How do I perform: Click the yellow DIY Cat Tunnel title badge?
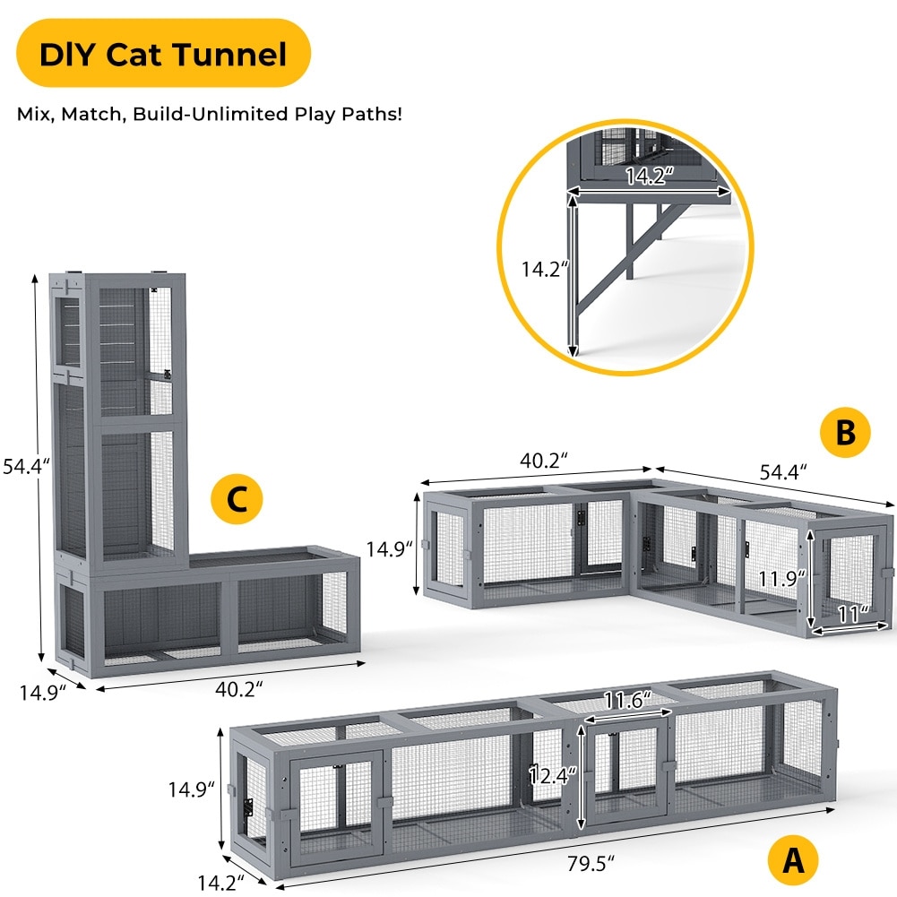pos(162,54)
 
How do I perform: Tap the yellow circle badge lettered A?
pos(792,861)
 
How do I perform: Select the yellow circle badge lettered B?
pos(845,433)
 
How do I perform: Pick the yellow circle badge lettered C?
pos(236,500)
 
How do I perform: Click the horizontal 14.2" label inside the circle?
pos(649,175)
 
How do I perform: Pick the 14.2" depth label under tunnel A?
pos(220,883)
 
